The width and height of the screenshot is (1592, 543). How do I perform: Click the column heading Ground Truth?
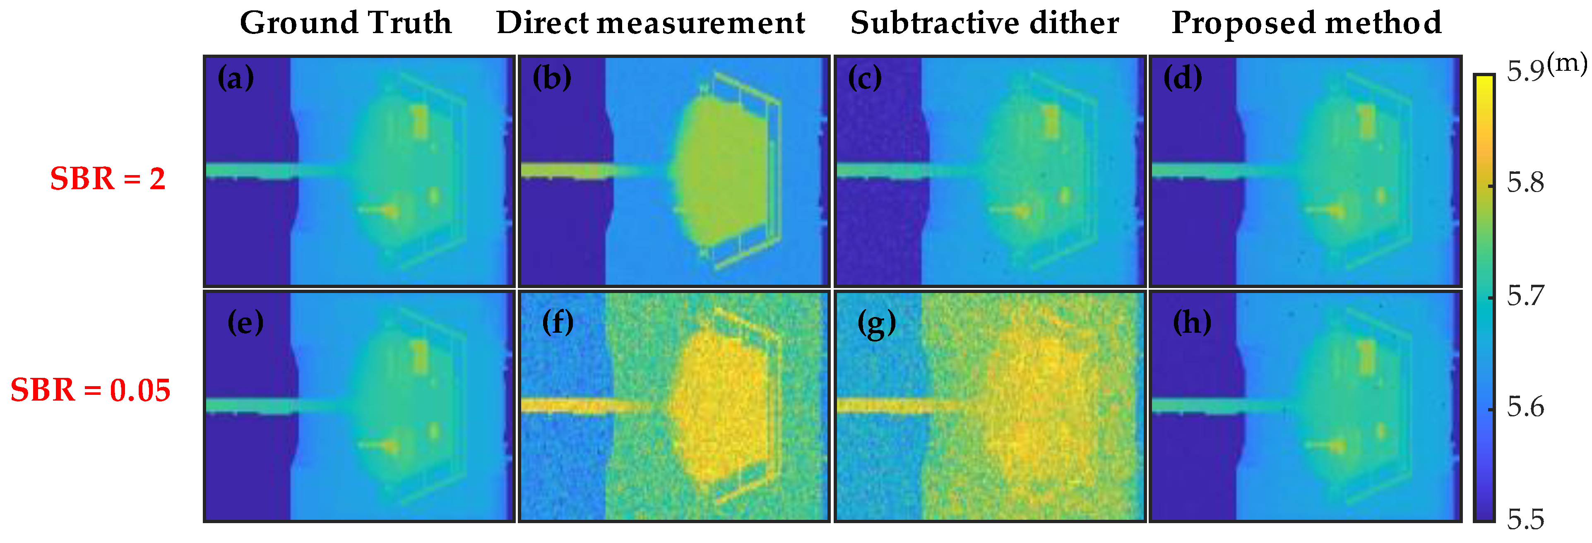point(346,24)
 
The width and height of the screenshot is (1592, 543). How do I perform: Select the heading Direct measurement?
point(650,24)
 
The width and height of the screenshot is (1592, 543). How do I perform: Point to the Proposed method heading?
point(1306,24)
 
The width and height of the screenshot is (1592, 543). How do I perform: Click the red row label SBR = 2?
point(108,179)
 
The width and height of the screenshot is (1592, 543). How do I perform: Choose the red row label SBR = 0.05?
point(90,390)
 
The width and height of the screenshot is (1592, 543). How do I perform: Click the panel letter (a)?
point(236,79)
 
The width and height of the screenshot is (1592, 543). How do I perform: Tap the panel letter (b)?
point(552,79)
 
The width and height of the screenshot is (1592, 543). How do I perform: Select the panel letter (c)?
point(865,79)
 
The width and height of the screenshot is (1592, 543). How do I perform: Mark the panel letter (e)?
point(245,322)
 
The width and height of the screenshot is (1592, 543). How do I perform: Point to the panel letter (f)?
point(558,322)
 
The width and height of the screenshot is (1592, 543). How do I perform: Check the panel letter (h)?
point(1192,322)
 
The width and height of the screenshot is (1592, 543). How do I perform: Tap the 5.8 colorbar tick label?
point(1525,183)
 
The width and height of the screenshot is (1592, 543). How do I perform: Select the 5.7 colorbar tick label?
point(1525,296)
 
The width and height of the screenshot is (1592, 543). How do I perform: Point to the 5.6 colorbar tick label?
point(1525,408)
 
